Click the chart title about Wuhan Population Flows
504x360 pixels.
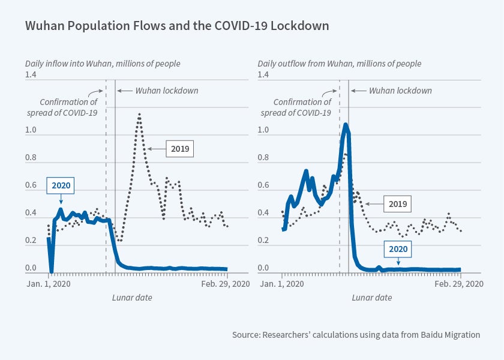[x=176, y=27]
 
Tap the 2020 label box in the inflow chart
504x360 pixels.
[x=60, y=185]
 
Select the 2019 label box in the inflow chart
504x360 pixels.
[x=180, y=148]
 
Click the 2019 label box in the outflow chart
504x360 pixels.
[x=397, y=204]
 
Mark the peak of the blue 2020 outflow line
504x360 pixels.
[x=346, y=124]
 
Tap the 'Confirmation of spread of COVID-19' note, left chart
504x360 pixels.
[x=68, y=107]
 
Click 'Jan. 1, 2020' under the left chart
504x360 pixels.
[x=49, y=284]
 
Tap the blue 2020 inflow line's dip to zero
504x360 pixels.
[x=51, y=271]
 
